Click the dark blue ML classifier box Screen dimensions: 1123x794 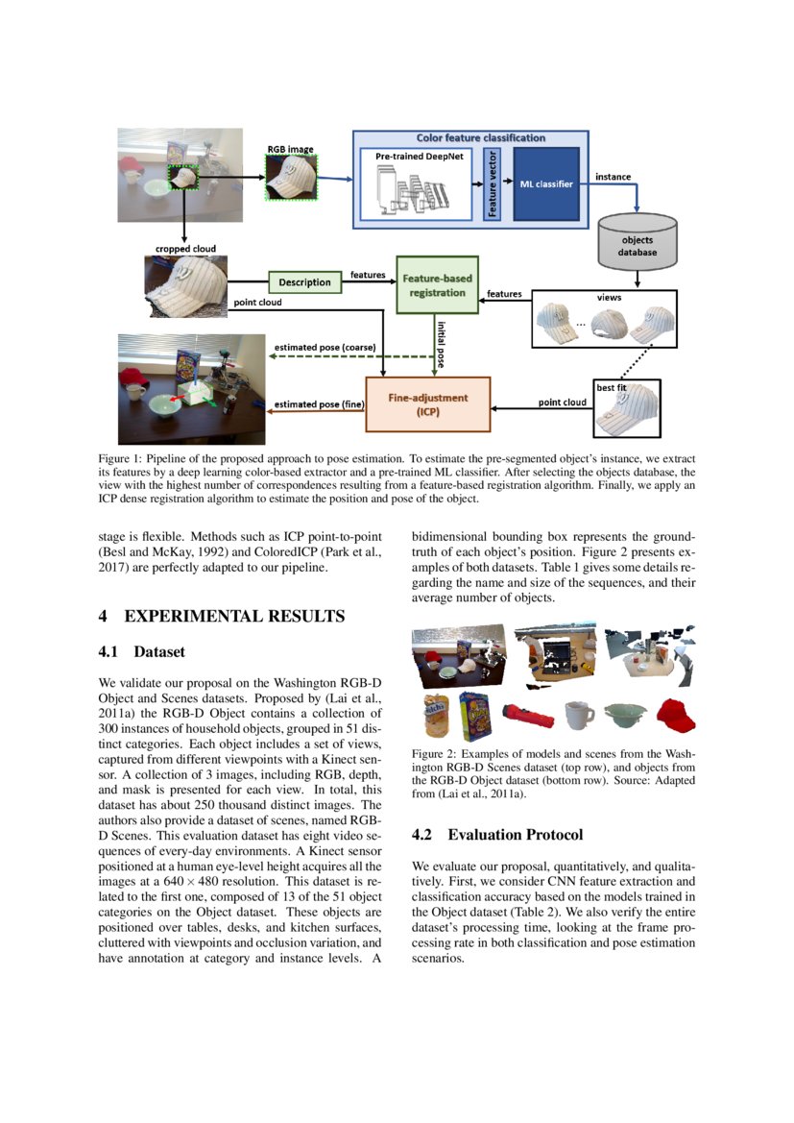click(x=546, y=183)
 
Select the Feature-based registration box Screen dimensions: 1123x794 click(x=437, y=284)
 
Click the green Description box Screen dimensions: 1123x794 click(x=305, y=282)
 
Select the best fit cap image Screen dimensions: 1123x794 click(x=629, y=405)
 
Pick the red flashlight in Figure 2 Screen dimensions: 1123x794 click(x=527, y=715)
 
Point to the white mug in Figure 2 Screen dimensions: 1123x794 click(x=577, y=714)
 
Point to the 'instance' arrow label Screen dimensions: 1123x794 click(x=613, y=177)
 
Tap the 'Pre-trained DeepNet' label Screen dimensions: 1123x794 click(x=418, y=156)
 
